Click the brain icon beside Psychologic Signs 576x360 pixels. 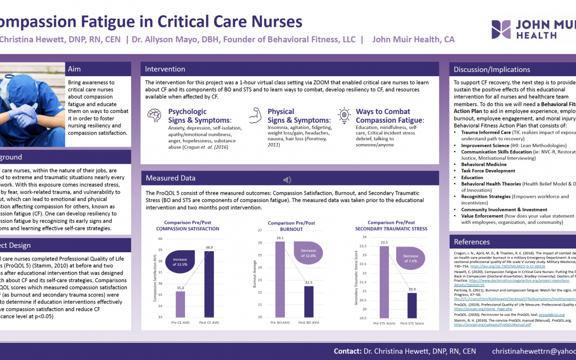click(x=155, y=115)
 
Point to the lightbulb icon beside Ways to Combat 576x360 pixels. click(x=344, y=115)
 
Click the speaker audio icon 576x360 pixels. click(x=287, y=180)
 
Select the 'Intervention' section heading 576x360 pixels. click(x=165, y=69)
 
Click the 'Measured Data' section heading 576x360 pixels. click(x=171, y=178)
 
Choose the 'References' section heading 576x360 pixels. click(x=472, y=242)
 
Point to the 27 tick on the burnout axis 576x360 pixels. click(x=260, y=230)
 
